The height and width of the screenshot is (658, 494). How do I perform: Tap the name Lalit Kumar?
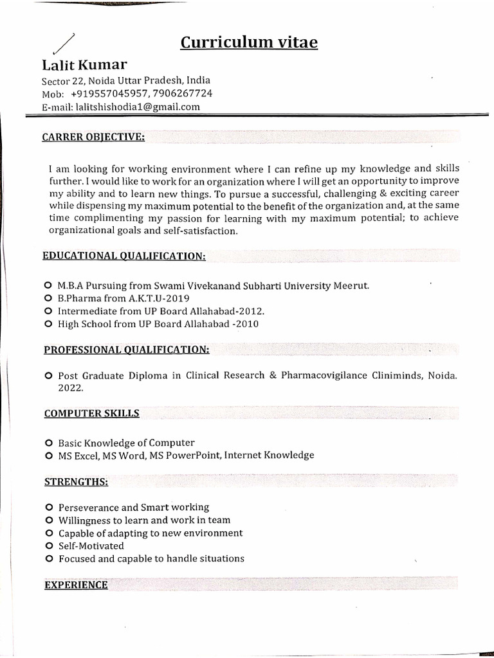[x=84, y=65]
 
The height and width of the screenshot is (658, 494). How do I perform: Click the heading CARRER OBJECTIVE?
[x=93, y=137]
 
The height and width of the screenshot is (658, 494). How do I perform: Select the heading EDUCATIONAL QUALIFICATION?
[x=124, y=256]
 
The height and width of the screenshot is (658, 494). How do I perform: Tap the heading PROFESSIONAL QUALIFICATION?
[x=126, y=350]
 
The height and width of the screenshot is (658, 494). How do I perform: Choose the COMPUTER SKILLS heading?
[x=91, y=413]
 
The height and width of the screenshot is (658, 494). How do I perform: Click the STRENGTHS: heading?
[x=76, y=481]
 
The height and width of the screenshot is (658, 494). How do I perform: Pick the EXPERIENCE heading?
[x=76, y=585]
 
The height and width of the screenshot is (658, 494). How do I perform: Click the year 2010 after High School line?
[x=247, y=324]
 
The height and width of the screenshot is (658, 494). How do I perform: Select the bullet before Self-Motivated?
[x=48, y=546]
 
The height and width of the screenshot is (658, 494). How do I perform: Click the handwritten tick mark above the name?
[x=62, y=43]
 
